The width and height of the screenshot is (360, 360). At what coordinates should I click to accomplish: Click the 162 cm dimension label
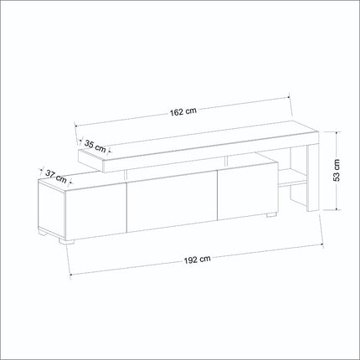pos(183,111)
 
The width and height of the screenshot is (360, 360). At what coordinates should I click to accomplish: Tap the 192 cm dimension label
pos(198,260)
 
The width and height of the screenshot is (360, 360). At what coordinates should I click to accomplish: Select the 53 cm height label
pos(337,171)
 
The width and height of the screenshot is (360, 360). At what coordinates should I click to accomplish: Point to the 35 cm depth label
pos(95,147)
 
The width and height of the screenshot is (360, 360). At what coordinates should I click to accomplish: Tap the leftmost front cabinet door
pos(96,212)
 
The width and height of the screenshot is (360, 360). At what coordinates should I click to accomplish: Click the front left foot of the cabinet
pos(66,242)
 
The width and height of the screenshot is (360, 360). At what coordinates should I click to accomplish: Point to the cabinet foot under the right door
pos(271,214)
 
